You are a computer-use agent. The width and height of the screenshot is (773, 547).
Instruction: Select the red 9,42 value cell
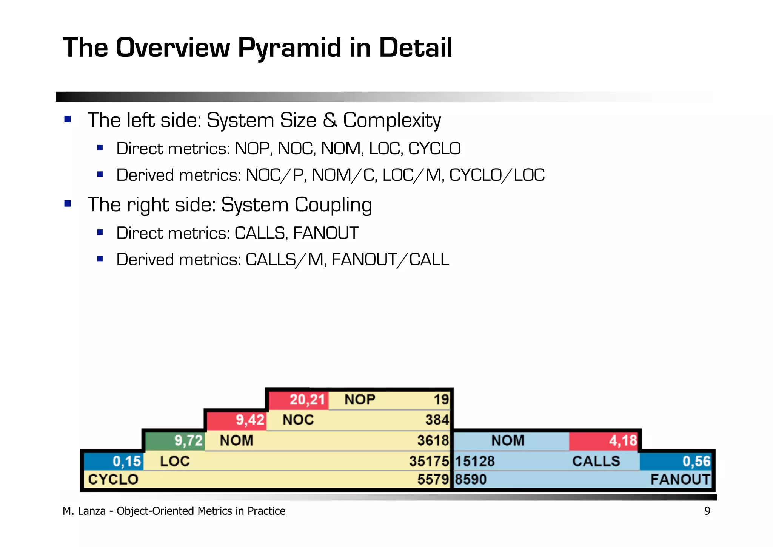click(237, 420)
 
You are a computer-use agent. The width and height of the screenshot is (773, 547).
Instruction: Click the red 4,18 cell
click(603, 441)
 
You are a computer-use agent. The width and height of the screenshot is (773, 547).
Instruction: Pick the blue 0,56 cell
click(676, 461)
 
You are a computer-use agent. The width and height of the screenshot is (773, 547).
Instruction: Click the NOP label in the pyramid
click(360, 400)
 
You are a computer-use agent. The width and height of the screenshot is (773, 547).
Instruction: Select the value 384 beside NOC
click(437, 420)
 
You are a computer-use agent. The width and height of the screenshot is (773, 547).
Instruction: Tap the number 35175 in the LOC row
click(429, 461)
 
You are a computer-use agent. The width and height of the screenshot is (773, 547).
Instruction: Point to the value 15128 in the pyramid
click(475, 461)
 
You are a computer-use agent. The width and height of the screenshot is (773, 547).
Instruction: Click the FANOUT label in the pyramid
click(680, 480)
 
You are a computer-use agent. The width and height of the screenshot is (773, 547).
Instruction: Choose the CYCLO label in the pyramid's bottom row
click(113, 480)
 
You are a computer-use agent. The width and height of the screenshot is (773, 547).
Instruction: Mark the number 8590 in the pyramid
click(471, 480)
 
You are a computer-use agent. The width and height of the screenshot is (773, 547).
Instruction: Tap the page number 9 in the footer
click(707, 511)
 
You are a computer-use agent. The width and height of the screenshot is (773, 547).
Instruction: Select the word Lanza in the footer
click(92, 511)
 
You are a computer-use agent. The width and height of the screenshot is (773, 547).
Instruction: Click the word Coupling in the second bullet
click(333, 205)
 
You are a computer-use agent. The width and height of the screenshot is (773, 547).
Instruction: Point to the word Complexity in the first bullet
click(391, 121)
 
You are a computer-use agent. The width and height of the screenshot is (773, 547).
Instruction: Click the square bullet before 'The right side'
click(68, 204)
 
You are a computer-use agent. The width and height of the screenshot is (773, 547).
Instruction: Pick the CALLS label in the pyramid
click(596, 461)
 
